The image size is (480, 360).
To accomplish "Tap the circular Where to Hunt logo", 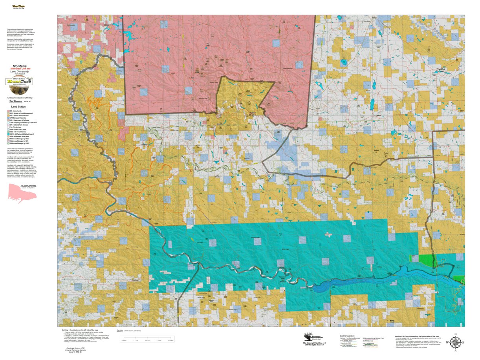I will [x=19, y=81].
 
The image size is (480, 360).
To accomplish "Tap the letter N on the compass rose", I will [x=455, y=334].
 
